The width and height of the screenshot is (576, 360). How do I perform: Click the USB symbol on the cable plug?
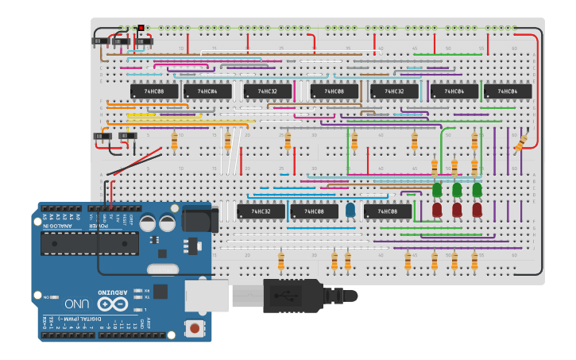coord(286,296)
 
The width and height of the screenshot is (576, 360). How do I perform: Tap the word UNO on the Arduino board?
coord(77,304)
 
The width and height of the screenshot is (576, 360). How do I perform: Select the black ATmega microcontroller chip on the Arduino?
coord(90,244)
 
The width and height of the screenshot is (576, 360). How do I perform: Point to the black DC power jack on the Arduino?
coord(199,219)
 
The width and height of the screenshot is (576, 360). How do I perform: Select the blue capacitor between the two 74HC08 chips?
coord(350,211)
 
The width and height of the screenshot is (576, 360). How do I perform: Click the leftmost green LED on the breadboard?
coord(437,191)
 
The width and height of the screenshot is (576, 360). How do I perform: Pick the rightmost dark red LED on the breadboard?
coord(477,210)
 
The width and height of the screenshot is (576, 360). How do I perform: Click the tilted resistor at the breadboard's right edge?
coord(521,143)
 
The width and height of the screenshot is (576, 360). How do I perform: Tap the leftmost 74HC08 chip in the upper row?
coord(154,91)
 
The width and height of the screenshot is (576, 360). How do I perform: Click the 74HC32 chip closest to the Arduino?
coord(261,211)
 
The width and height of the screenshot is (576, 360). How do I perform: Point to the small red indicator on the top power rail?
coord(141,29)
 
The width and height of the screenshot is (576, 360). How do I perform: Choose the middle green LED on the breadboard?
coord(457,191)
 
